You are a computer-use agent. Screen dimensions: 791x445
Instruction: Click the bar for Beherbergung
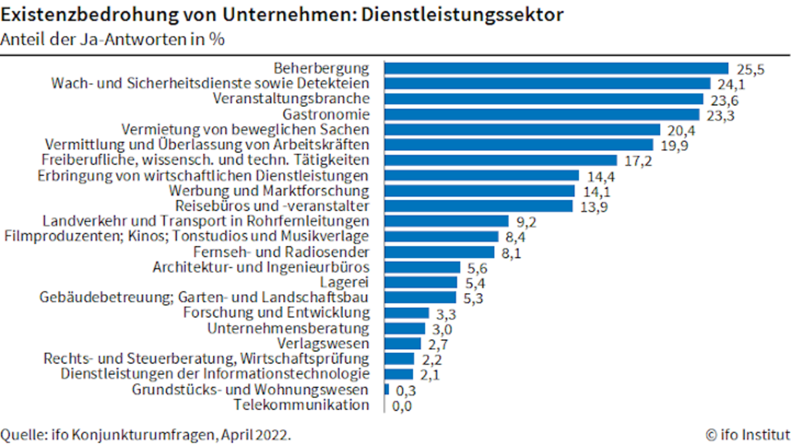pyautogui.click(x=557, y=68)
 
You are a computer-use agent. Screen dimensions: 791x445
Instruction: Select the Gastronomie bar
pyautogui.click(x=542, y=114)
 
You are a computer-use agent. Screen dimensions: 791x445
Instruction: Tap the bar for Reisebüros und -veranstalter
pyautogui.click(x=479, y=206)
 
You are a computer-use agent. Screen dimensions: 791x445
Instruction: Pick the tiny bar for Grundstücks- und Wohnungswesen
pyautogui.click(x=387, y=389)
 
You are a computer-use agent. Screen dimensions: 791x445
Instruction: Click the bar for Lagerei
pyautogui.click(x=421, y=282)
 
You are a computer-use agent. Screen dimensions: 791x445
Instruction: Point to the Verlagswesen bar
pyautogui.click(x=403, y=343)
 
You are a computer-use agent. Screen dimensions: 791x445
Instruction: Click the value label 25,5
pyautogui.click(x=751, y=70)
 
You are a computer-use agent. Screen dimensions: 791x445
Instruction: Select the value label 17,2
pyautogui.click(x=638, y=161)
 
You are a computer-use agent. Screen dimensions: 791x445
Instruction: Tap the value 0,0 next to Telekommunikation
pyautogui.click(x=402, y=406)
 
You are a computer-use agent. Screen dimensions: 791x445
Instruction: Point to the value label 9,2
pyautogui.click(x=526, y=222)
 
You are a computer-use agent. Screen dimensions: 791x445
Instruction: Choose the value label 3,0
pyautogui.click(x=442, y=329)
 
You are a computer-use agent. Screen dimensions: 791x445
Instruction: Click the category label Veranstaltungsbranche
pyautogui.click(x=291, y=98)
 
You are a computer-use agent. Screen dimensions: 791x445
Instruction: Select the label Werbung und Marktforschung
pyautogui.click(x=269, y=191)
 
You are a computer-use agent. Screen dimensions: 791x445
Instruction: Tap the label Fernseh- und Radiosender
pyautogui.click(x=281, y=252)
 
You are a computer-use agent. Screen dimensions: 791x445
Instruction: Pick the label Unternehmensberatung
pyautogui.click(x=288, y=328)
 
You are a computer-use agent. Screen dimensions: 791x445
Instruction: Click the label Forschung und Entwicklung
pyautogui.click(x=276, y=313)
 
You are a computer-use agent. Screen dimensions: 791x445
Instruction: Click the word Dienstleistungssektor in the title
pyautogui.click(x=462, y=15)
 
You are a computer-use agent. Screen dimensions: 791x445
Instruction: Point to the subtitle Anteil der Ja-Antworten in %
pyautogui.click(x=112, y=39)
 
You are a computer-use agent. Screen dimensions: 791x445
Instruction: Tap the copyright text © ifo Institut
pyautogui.click(x=748, y=434)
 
